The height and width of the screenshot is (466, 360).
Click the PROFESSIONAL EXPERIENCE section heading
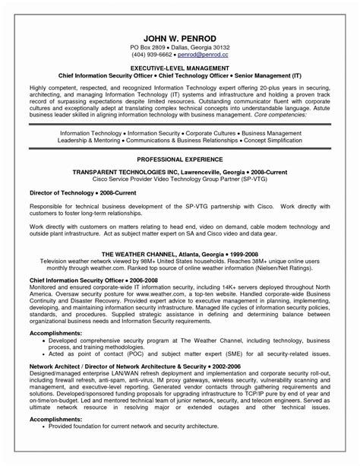click(180, 141)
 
